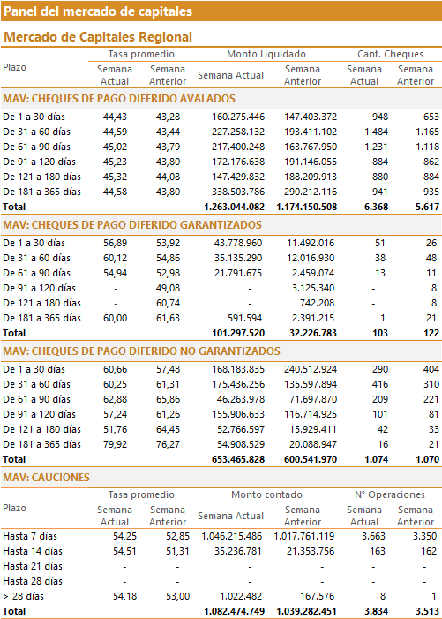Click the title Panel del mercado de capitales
coord(98,11)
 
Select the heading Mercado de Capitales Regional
coord(98,37)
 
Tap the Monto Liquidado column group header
coord(266,54)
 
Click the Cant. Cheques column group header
coord(390,54)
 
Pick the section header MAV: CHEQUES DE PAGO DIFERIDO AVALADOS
coord(119,99)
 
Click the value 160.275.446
coord(238,117)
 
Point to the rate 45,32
coord(116,177)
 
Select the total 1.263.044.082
coord(234,207)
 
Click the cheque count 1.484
coord(376,132)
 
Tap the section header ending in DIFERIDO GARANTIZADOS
coord(132,225)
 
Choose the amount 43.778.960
coord(238,243)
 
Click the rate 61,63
coord(168,318)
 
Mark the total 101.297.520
coord(238,333)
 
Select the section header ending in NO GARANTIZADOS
coord(141,351)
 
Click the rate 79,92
coord(116,444)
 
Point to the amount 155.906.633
coord(238,414)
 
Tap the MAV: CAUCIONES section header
coord(46,478)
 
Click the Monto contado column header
coord(266,494)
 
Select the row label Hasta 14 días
coord(33,552)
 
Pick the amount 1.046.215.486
coord(232,537)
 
